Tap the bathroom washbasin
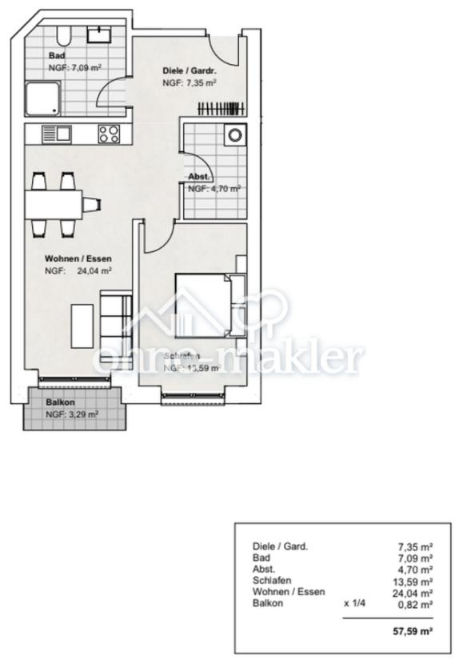(x=99, y=33)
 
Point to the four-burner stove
(x=110, y=134)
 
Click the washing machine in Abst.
(x=234, y=136)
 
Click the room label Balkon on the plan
(x=60, y=403)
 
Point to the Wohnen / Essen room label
(x=78, y=259)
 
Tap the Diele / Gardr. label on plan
(x=190, y=71)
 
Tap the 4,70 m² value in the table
(x=416, y=569)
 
